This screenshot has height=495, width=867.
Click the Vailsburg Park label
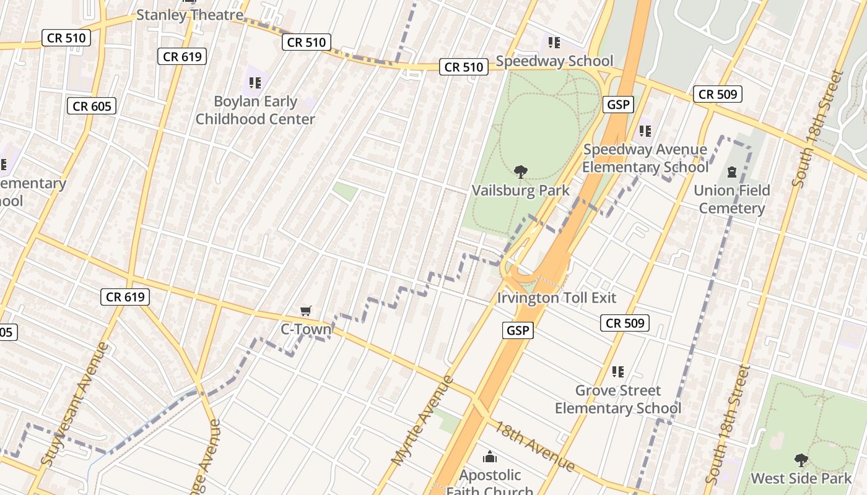coord(520,190)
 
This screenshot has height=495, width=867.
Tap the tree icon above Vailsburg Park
coord(520,172)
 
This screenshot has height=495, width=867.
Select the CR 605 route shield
coord(92,106)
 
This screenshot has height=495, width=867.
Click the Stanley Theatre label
coord(190,15)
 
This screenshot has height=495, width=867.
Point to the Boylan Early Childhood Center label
coord(255,110)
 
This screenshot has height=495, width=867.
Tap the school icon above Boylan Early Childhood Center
coord(255,82)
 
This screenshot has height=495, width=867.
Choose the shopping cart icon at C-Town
coord(305,311)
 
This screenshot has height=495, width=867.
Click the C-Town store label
coord(306,329)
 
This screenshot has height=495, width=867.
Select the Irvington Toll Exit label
coord(556,298)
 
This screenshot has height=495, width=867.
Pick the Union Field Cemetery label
coord(731,199)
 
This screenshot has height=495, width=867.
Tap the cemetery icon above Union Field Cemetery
coord(731,171)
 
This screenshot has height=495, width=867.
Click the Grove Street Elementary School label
coord(617,399)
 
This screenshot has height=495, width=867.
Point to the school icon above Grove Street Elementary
coord(617,371)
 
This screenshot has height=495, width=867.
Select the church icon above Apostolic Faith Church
coord(490,457)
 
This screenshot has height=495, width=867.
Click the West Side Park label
coord(801,478)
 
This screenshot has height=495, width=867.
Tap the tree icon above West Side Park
coord(801,460)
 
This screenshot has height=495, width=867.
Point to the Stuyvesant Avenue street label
coord(76,403)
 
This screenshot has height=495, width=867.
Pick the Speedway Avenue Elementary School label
coord(645,158)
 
